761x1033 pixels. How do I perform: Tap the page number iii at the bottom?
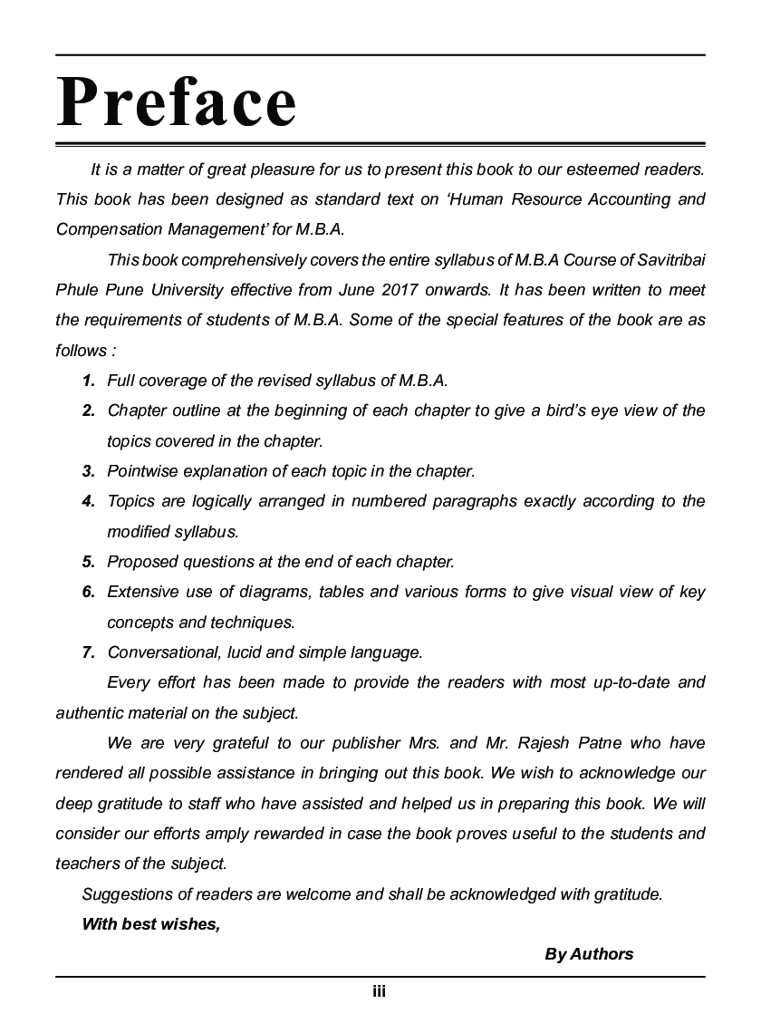tap(380, 992)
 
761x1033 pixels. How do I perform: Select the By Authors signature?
tap(589, 953)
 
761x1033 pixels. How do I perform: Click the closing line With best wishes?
tap(150, 924)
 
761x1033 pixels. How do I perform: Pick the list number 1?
tap(88, 381)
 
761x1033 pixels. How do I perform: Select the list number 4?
tap(88, 501)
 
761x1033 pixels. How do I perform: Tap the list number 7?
tap(88, 652)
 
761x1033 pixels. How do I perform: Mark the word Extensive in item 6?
tap(140, 592)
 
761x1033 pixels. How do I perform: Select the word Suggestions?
tap(128, 894)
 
